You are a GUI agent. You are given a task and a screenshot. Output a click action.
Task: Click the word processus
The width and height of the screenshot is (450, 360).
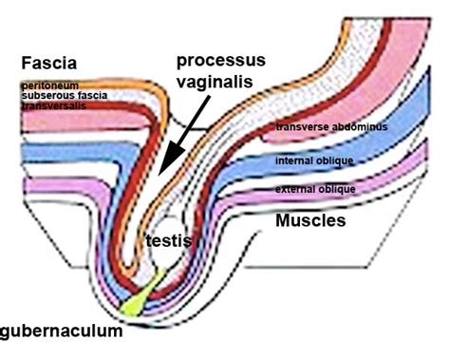pyautogui.click(x=219, y=61)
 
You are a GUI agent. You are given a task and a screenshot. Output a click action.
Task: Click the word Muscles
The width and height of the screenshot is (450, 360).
pyautogui.click(x=310, y=221)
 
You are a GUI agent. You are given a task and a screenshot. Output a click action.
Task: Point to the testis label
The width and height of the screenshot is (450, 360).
pyautogui.click(x=168, y=241)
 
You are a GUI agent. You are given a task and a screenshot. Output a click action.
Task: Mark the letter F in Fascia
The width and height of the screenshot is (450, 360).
pyautogui.click(x=26, y=66)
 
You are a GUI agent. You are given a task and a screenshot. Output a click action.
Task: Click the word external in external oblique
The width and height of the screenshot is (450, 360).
pyautogui.click(x=295, y=190)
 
